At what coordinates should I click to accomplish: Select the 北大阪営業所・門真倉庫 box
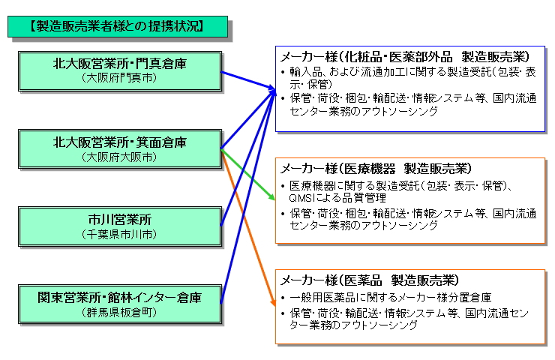120,70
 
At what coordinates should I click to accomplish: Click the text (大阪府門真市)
120,78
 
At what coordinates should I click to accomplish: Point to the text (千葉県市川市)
120,235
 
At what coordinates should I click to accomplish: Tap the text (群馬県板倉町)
120,313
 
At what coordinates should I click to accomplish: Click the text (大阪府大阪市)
120,157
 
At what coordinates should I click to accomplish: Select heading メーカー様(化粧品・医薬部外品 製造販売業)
405,58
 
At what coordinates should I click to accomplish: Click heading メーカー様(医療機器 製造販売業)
376,168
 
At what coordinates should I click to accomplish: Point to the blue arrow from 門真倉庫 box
247,79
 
